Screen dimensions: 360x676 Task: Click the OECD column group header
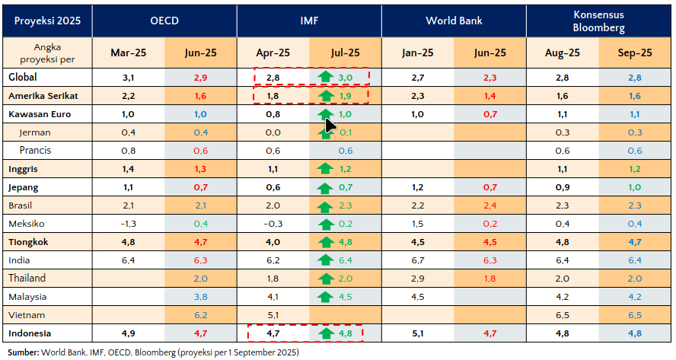(x=164, y=21)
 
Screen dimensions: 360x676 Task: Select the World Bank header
(x=454, y=21)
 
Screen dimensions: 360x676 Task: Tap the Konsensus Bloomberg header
(x=598, y=21)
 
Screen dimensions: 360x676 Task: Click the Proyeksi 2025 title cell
(x=45, y=21)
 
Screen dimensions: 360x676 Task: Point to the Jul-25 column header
(x=345, y=53)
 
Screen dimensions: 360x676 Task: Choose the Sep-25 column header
(x=636, y=53)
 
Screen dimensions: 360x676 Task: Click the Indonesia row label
(x=30, y=333)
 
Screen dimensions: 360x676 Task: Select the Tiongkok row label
(x=30, y=241)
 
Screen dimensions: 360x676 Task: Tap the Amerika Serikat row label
(x=43, y=96)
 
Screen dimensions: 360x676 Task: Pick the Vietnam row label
(x=27, y=314)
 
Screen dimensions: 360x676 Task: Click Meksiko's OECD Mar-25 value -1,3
(x=128, y=223)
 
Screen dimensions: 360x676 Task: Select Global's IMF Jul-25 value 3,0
(x=345, y=78)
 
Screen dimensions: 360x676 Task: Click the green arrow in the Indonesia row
(x=326, y=333)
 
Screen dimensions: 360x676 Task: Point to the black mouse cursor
(x=330, y=124)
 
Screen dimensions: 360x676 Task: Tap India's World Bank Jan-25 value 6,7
(x=417, y=260)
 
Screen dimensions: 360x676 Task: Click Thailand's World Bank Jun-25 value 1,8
(x=489, y=278)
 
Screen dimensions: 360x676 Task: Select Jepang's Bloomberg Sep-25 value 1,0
(x=636, y=187)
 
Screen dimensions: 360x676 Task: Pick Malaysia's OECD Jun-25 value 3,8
(x=200, y=296)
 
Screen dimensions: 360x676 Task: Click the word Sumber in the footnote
(x=22, y=352)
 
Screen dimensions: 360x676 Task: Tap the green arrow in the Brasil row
(x=326, y=205)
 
